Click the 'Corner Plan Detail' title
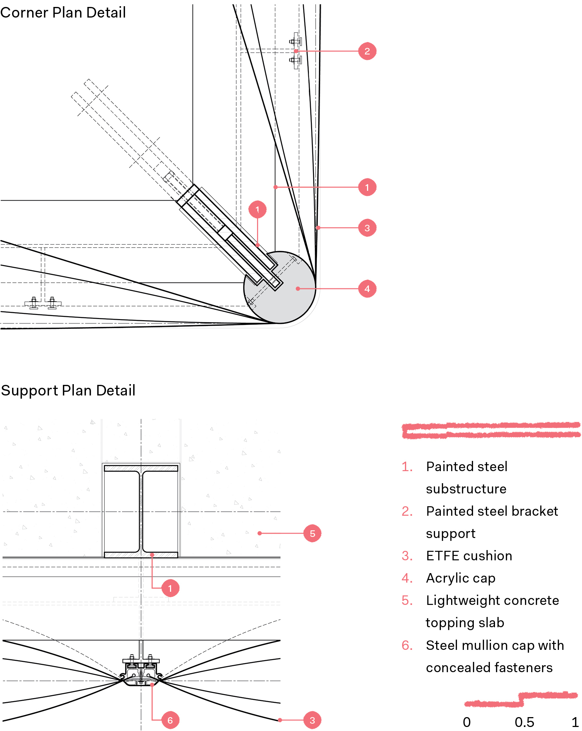click(x=63, y=13)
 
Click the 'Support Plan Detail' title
click(x=68, y=390)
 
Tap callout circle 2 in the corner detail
click(x=367, y=51)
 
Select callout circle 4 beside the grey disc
click(x=367, y=289)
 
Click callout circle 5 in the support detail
click(x=312, y=533)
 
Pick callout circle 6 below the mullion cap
click(x=170, y=720)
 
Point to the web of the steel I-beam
click(x=141, y=512)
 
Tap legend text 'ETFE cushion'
click(x=469, y=556)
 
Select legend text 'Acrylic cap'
click(x=461, y=578)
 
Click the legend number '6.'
click(x=407, y=645)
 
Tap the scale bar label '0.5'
click(x=524, y=722)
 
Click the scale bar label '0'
click(x=467, y=722)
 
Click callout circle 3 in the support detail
click(x=312, y=720)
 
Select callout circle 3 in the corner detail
click(x=367, y=228)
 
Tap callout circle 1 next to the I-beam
click(x=170, y=588)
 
